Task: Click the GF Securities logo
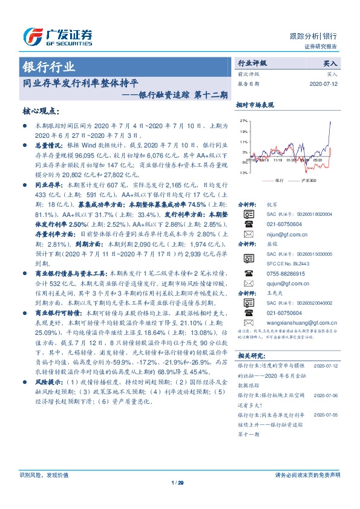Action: [57, 36]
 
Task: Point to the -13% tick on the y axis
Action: [242, 173]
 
